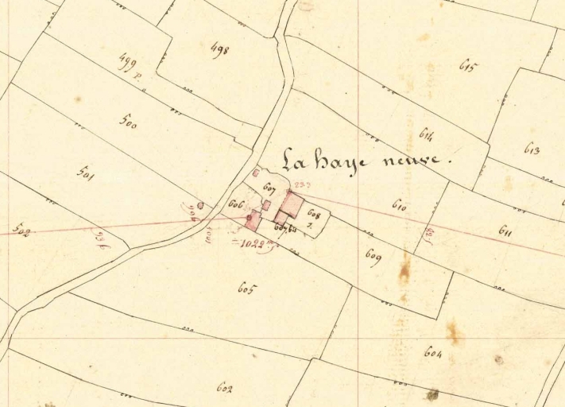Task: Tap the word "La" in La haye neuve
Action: coord(296,158)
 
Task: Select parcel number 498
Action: coord(219,50)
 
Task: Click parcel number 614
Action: coord(426,134)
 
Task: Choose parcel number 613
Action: coord(532,149)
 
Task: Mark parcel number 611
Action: coord(506,231)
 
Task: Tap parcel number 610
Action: coord(399,205)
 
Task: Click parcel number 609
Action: coord(373,256)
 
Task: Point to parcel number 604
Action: coord(433,352)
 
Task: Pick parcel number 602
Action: coord(225,387)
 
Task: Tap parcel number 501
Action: coord(85,172)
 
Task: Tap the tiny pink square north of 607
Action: coord(256,172)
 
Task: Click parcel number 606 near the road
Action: coord(235,204)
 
